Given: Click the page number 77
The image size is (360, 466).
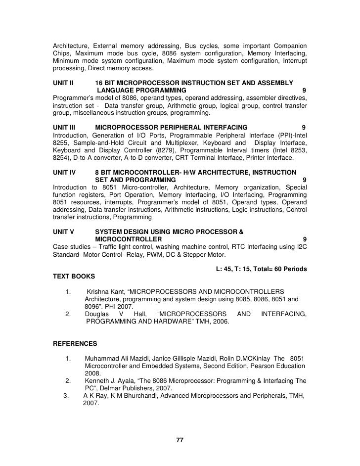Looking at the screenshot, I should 180,440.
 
